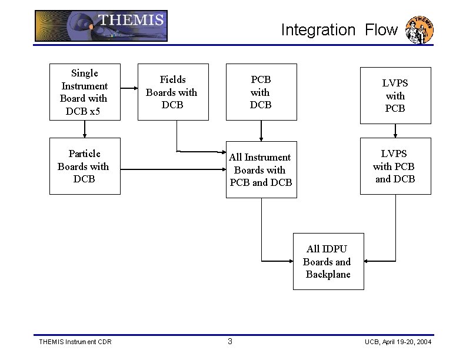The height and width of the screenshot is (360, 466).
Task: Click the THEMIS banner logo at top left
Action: (101, 26)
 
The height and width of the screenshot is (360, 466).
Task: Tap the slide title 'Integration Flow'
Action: (339, 30)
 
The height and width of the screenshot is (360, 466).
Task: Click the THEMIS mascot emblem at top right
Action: (421, 30)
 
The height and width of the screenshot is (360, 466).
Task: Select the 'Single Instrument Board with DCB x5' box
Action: (85, 92)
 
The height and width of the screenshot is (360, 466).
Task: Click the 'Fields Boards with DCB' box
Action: (172, 92)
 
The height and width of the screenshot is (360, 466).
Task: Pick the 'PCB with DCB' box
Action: (261, 92)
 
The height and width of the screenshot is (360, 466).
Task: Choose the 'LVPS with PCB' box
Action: (395, 95)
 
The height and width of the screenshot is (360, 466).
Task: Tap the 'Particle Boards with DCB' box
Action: (85, 166)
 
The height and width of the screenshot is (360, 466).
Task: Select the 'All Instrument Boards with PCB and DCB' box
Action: (261, 169)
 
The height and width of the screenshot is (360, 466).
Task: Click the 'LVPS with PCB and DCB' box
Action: (395, 166)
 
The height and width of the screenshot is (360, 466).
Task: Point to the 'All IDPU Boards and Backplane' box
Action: (328, 261)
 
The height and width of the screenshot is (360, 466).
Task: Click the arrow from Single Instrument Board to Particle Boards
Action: (85, 129)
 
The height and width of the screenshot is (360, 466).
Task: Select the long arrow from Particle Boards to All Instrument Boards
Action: (173, 170)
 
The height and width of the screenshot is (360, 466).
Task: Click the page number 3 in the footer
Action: (230, 342)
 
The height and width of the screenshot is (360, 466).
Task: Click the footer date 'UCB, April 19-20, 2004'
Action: (398, 342)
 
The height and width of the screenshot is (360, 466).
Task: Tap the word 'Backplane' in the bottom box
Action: (328, 275)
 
